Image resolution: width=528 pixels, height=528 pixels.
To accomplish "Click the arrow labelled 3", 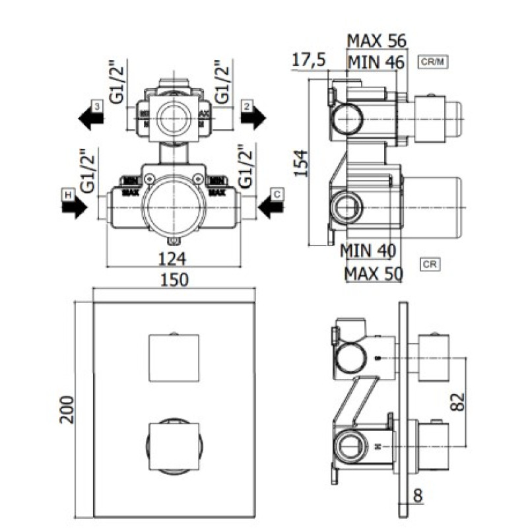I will coord(91,117).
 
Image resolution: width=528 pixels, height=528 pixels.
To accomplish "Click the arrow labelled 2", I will coord(251,117).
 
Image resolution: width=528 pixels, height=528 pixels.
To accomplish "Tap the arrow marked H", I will coord(73,208).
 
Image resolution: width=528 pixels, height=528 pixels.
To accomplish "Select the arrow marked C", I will coord(271,208).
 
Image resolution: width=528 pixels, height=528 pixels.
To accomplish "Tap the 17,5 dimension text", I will coord(309,60).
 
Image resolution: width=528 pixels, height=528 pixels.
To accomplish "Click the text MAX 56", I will coord(377,41).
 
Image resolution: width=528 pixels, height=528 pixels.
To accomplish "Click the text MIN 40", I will coord(368,251).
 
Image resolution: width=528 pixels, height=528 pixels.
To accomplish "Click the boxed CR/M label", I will coord(434,63).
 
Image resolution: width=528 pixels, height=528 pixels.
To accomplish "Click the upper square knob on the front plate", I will coord(174,358).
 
